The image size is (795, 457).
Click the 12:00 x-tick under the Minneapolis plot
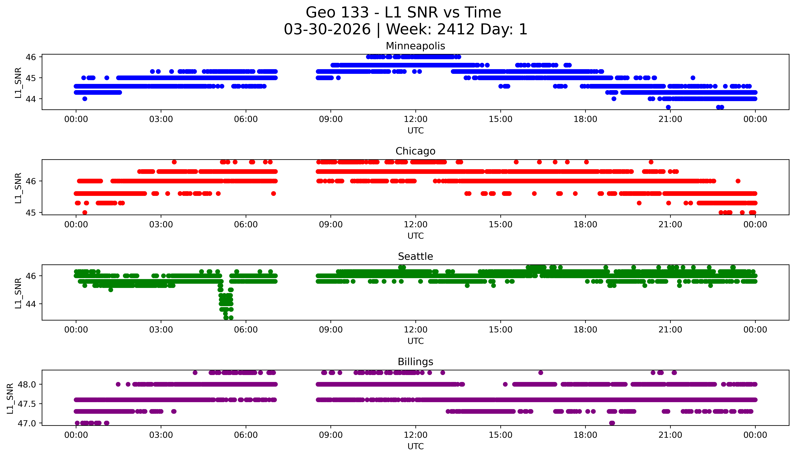tap(415, 119)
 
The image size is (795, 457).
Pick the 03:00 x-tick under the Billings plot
tap(161, 435)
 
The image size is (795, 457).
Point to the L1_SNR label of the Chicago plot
tap(18, 188)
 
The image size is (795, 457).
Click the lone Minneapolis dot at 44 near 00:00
tap(85, 99)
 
